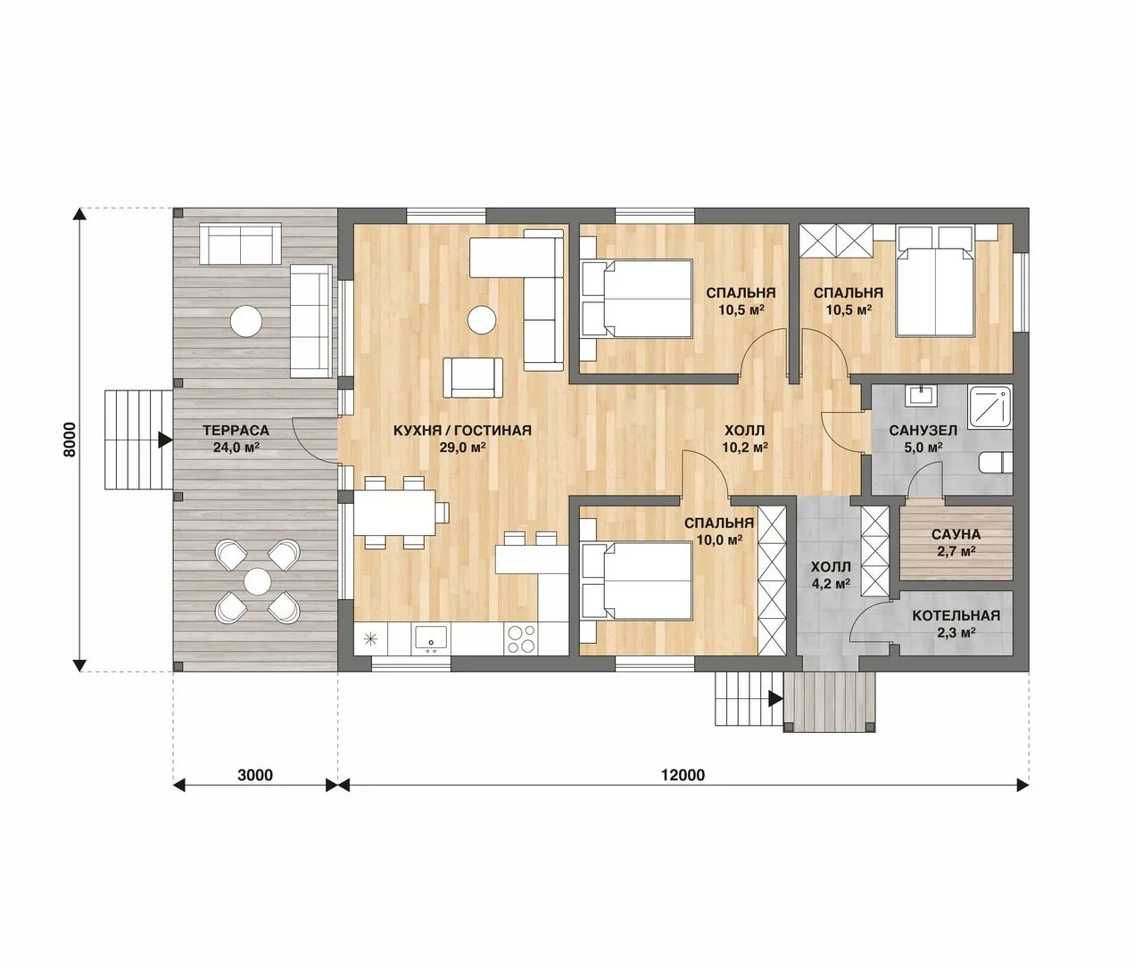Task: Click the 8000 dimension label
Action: [x=69, y=440]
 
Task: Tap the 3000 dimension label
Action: [x=255, y=775]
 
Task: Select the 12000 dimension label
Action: [x=683, y=775]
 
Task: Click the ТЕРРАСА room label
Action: [x=236, y=431]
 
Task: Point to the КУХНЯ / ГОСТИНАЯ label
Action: [x=462, y=431]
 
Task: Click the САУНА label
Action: [x=956, y=534]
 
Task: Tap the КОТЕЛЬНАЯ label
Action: [x=956, y=616]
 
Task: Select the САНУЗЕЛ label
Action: [x=923, y=431]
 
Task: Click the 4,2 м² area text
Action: [x=832, y=583]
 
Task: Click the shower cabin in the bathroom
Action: [x=990, y=407]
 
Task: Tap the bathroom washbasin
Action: [x=922, y=395]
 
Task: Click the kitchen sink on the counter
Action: [x=431, y=638]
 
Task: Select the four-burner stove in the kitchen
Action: [x=521, y=639]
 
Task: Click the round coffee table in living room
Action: [x=482, y=319]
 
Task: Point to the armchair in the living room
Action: [x=473, y=377]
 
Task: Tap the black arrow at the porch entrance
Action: [x=775, y=698]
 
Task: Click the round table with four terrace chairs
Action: [x=257, y=581]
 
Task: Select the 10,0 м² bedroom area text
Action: [x=719, y=539]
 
